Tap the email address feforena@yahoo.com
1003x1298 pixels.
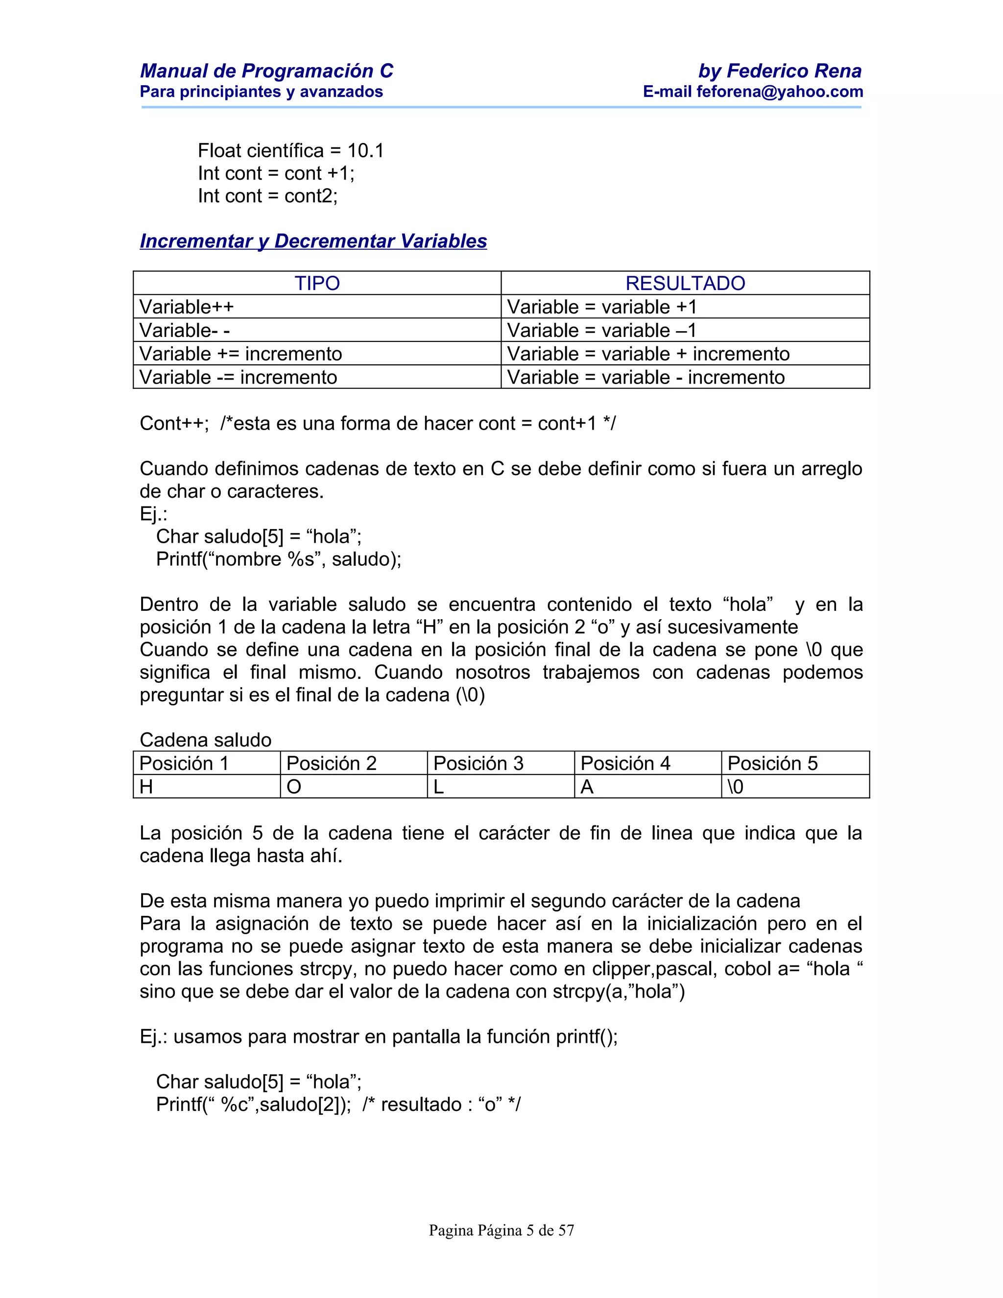[x=780, y=92]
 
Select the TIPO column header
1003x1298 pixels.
[x=317, y=283]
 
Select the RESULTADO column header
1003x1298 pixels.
[x=685, y=283]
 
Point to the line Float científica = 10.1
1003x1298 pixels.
[x=290, y=150]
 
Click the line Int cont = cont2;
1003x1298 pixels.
[x=267, y=195]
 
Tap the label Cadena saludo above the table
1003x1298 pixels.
[x=205, y=740]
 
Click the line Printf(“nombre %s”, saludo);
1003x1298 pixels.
[x=278, y=559]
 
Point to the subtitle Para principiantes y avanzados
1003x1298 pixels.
[x=261, y=92]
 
